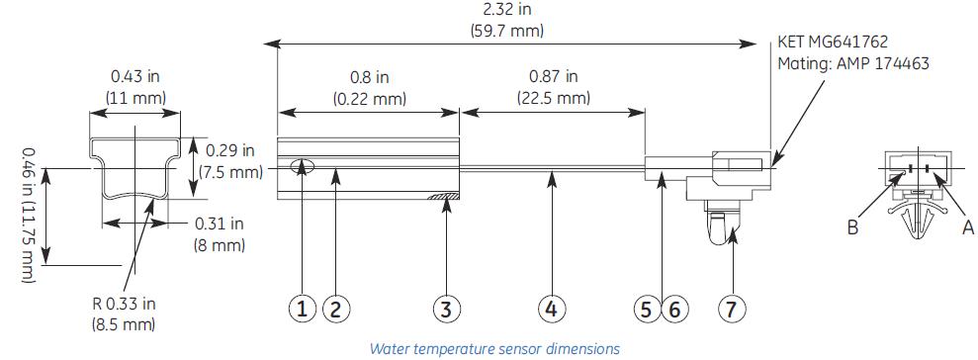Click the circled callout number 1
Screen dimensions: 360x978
(x=303, y=309)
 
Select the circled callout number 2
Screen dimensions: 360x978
(x=336, y=309)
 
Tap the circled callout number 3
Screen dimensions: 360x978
(x=447, y=309)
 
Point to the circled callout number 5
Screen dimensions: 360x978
(x=646, y=309)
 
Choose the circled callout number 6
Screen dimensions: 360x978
(x=674, y=309)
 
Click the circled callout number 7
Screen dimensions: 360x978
(x=731, y=309)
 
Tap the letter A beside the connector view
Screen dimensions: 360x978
(x=968, y=227)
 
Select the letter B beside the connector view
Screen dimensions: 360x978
(x=851, y=227)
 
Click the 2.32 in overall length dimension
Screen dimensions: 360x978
(x=506, y=9)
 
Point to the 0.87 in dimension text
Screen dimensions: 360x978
(x=553, y=76)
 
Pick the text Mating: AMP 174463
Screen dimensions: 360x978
(x=853, y=63)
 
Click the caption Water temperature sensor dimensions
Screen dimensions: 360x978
(x=494, y=348)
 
